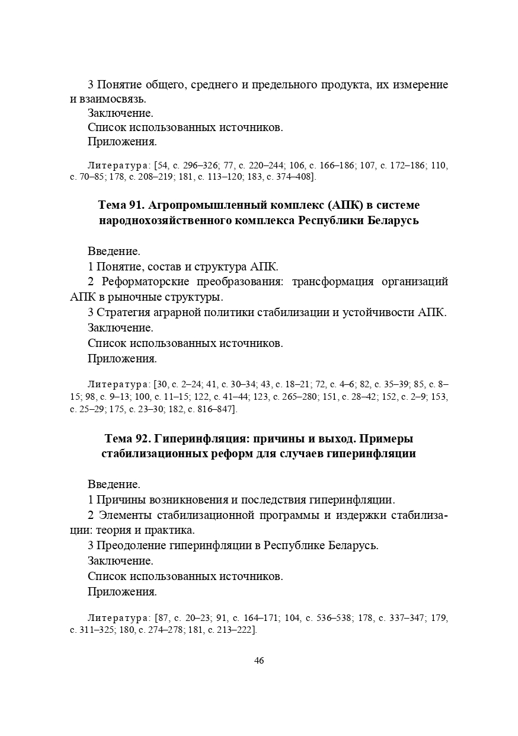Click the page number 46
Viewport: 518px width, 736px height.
click(259, 661)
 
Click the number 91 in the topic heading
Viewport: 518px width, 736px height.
click(133, 205)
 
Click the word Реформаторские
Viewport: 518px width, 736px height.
click(146, 281)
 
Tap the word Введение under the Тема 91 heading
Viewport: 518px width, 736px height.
click(114, 251)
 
